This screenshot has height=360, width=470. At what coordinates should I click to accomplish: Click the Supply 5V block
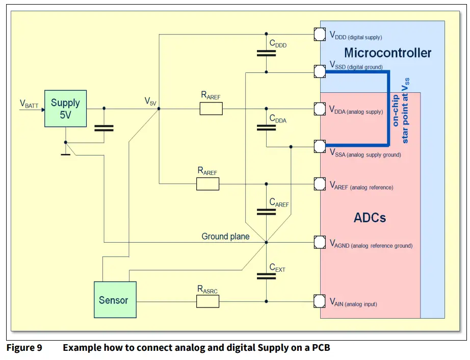pyautogui.click(x=65, y=109)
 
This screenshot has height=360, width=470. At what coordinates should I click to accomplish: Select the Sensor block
pyautogui.click(x=114, y=300)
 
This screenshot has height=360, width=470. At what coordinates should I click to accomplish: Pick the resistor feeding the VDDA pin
pyautogui.click(x=211, y=108)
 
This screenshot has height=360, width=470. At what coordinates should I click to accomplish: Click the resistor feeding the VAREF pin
pyautogui.click(x=207, y=184)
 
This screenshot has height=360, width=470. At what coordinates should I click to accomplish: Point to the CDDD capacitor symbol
pyautogui.click(x=266, y=53)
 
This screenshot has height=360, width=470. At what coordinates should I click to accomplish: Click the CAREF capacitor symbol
pyautogui.click(x=266, y=212)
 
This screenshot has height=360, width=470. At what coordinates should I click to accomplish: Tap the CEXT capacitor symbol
pyautogui.click(x=266, y=276)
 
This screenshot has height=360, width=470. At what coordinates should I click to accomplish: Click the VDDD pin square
pyautogui.click(x=320, y=35)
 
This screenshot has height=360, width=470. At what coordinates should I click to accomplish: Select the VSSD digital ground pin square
pyautogui.click(x=320, y=71)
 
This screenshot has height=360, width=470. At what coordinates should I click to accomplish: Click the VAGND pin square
pyautogui.click(x=320, y=242)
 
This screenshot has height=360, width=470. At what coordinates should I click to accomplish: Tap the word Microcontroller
pyautogui.click(x=387, y=53)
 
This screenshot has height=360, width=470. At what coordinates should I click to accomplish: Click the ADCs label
pyautogui.click(x=370, y=218)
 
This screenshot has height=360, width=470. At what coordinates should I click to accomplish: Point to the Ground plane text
pyautogui.click(x=225, y=236)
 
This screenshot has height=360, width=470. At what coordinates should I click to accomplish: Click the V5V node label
pyautogui.click(x=150, y=101)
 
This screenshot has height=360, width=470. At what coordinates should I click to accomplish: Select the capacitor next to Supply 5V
pyautogui.click(x=104, y=127)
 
